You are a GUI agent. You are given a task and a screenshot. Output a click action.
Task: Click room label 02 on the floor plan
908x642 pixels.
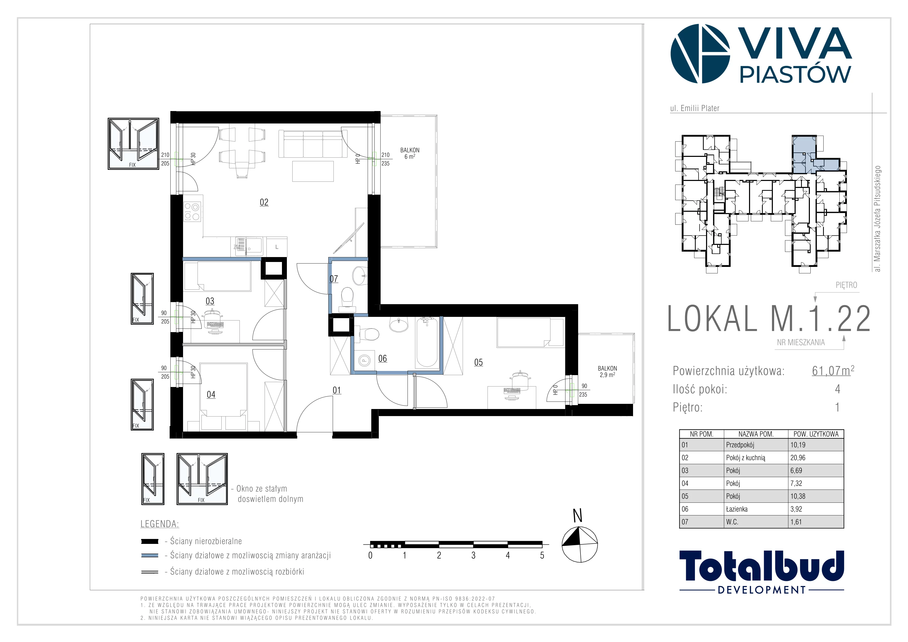click(x=264, y=202)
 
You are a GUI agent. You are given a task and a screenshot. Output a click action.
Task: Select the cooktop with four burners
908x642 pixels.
click(x=192, y=211)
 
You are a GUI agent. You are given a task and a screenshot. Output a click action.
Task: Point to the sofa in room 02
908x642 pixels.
click(x=310, y=144)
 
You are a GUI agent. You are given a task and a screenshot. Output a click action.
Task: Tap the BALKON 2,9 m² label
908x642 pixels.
click(x=607, y=371)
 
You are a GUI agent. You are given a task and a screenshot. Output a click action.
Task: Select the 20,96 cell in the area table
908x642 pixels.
click(x=798, y=458)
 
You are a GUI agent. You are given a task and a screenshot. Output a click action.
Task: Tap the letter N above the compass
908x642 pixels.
click(x=578, y=516)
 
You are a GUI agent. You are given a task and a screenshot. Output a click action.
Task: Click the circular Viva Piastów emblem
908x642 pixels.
click(x=700, y=54)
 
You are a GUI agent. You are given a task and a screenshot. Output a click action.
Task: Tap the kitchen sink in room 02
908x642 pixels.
click(x=249, y=246)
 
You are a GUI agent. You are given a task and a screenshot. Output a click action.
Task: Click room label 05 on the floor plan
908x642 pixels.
click(x=478, y=362)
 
